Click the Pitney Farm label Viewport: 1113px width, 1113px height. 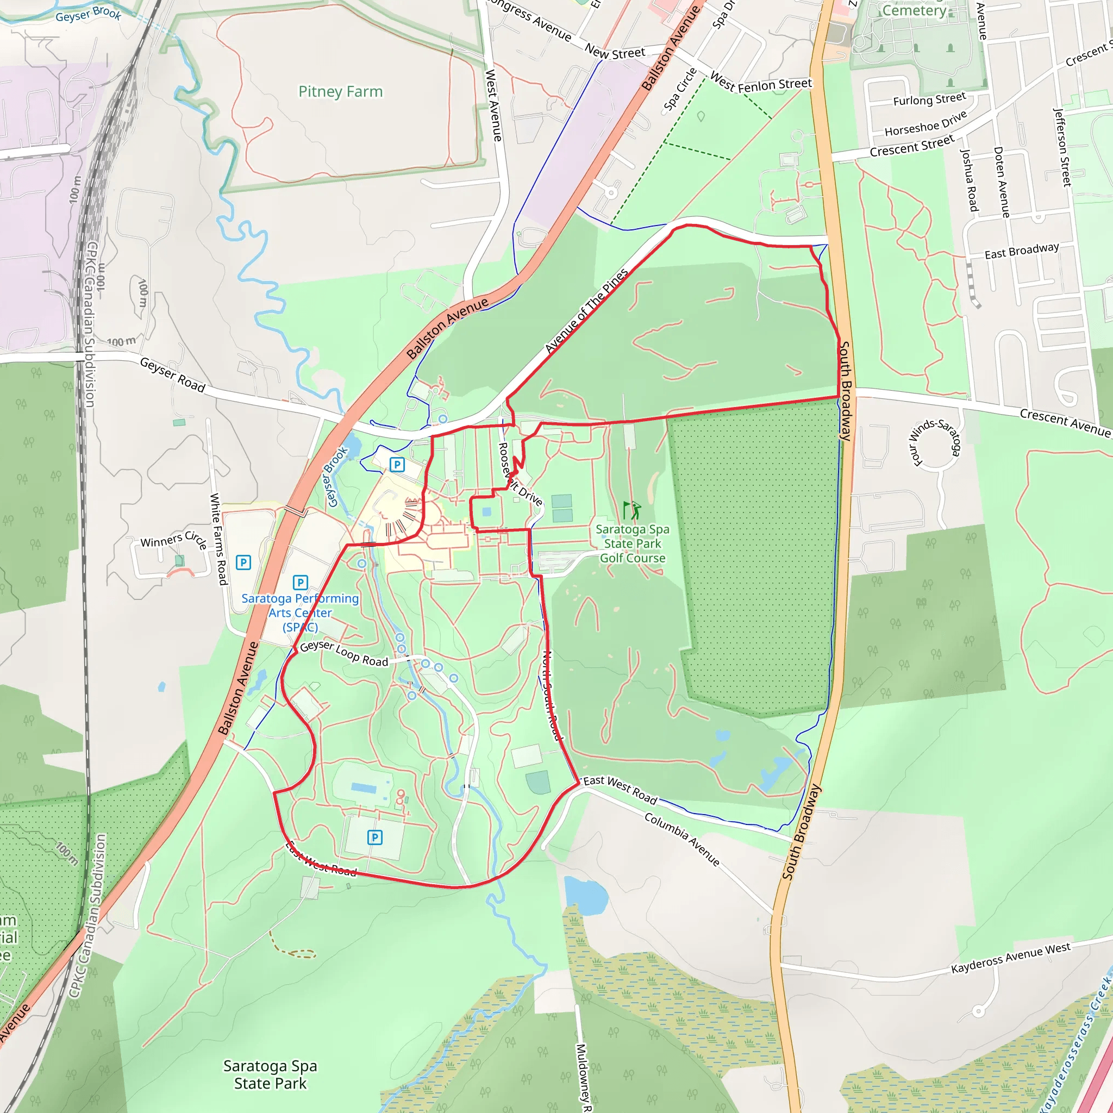coord(340,92)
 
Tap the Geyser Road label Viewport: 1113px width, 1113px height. coord(172,374)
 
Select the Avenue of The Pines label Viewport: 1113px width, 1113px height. coord(586,311)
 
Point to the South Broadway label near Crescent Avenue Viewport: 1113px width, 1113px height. coord(845,391)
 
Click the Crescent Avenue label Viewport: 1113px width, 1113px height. coord(1065,422)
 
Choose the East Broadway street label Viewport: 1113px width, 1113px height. coord(1021,251)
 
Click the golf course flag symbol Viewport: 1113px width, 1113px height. coord(631,510)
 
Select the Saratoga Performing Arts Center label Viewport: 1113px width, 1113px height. coord(300,612)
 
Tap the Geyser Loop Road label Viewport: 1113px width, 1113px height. coord(344,653)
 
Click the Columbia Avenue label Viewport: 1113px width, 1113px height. coord(682,839)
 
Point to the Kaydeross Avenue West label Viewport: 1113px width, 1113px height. coord(1010,958)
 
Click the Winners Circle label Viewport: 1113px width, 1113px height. coord(173,540)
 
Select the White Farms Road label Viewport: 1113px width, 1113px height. coord(218,539)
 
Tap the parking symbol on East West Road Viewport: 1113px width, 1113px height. coord(374,837)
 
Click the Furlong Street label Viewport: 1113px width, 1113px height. coord(929,99)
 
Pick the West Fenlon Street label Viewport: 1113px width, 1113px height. coord(760,83)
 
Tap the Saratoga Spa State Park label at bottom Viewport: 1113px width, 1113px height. coord(270,1074)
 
